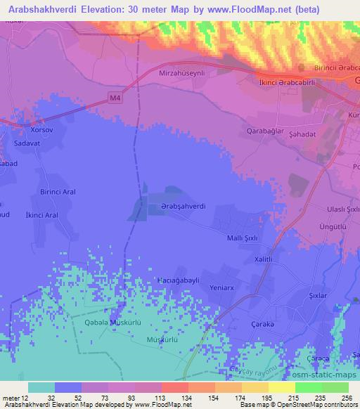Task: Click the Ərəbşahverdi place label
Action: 182,206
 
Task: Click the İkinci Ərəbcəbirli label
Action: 278,82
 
